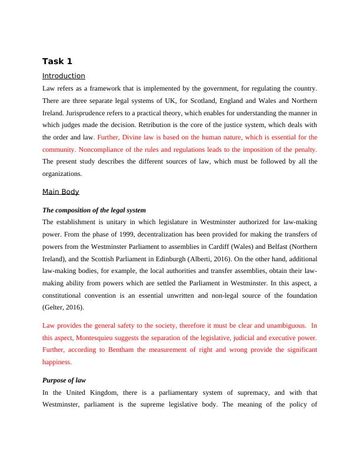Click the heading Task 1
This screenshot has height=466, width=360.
[57, 61]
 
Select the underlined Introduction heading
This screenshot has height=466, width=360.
[64, 76]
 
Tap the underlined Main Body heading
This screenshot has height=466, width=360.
[61, 192]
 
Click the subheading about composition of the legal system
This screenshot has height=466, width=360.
[94, 210]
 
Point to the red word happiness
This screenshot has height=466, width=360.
[57, 362]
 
